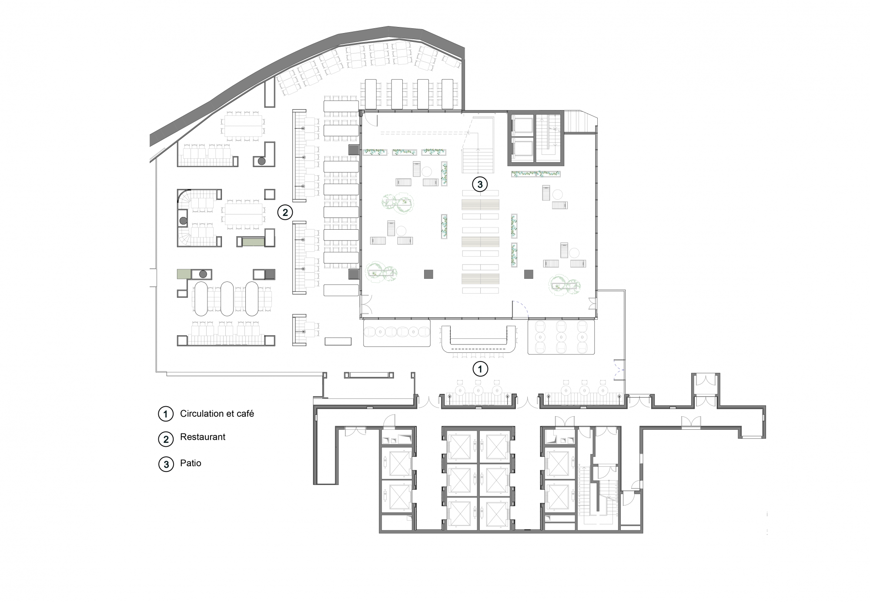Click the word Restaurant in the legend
203,437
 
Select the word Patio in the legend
191,463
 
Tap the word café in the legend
244,413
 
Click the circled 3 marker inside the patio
480,184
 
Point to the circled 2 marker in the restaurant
285,212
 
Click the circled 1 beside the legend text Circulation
166,414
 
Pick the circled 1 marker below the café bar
480,369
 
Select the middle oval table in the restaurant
227,298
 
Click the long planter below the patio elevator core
536,174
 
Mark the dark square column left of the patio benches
428,274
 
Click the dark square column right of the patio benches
529,274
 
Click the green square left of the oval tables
184,274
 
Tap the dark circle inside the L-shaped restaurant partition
261,161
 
